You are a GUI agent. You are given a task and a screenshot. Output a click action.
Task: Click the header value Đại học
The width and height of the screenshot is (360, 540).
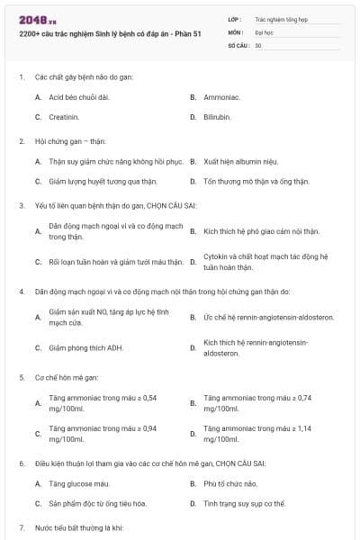[x=265, y=31]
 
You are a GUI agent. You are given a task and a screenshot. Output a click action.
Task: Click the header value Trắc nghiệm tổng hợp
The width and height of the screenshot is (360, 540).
[x=282, y=19]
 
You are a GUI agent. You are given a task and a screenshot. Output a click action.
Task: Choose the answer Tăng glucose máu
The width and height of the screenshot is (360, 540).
[x=79, y=483]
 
